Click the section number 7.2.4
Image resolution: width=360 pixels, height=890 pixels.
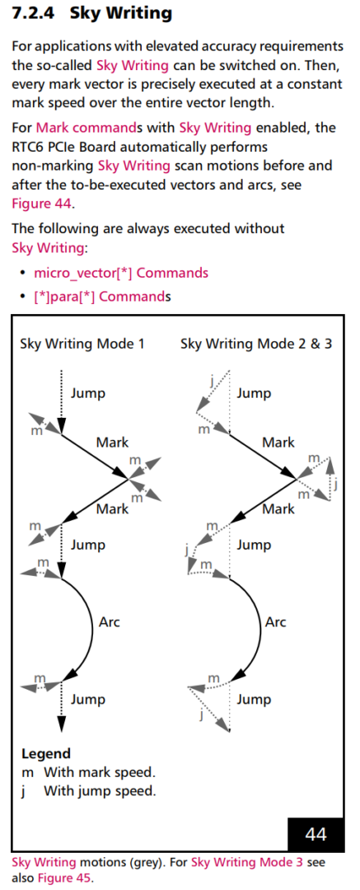(34, 15)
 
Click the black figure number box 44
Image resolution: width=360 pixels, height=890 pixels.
(316, 834)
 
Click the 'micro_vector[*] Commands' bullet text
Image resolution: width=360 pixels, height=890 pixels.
(121, 273)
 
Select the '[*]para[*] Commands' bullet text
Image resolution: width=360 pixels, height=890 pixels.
(102, 297)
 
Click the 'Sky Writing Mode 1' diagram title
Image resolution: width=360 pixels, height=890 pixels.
(82, 344)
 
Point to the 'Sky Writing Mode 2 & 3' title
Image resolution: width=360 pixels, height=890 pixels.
(256, 344)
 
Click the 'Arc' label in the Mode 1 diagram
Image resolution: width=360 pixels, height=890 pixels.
(110, 621)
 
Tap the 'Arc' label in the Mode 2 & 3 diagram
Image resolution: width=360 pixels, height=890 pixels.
(276, 621)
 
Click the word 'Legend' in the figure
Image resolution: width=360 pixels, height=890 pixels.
(46, 754)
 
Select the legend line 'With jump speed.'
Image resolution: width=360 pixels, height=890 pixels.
(100, 790)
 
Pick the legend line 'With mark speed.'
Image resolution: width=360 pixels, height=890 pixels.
(100, 772)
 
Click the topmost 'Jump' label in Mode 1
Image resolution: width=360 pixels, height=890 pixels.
(88, 393)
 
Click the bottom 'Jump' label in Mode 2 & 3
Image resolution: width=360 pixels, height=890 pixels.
(254, 700)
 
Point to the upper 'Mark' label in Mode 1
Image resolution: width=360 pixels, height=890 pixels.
(112, 443)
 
